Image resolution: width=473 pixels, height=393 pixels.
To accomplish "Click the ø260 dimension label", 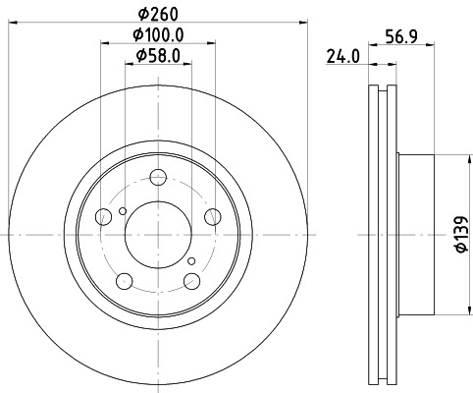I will [x=158, y=15].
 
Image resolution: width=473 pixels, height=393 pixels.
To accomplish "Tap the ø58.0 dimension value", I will [x=158, y=58].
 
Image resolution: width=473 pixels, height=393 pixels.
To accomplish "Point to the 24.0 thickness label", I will [x=340, y=58].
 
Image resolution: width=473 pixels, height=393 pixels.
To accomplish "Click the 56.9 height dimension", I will [x=410, y=37].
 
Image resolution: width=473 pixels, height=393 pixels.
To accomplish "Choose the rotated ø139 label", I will [x=459, y=237].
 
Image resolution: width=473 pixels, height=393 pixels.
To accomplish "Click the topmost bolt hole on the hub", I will [x=158, y=178].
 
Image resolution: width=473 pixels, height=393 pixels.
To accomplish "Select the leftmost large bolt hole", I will [x=103, y=218].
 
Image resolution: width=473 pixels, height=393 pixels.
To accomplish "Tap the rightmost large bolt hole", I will [x=213, y=218].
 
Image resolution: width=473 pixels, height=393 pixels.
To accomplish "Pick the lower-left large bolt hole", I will [x=124, y=282].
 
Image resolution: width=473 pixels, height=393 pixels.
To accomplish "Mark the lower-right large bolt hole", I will [x=192, y=282].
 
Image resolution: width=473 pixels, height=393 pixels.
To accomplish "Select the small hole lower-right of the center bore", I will [x=192, y=260].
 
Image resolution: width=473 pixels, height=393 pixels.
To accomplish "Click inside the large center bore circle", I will [x=158, y=236].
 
